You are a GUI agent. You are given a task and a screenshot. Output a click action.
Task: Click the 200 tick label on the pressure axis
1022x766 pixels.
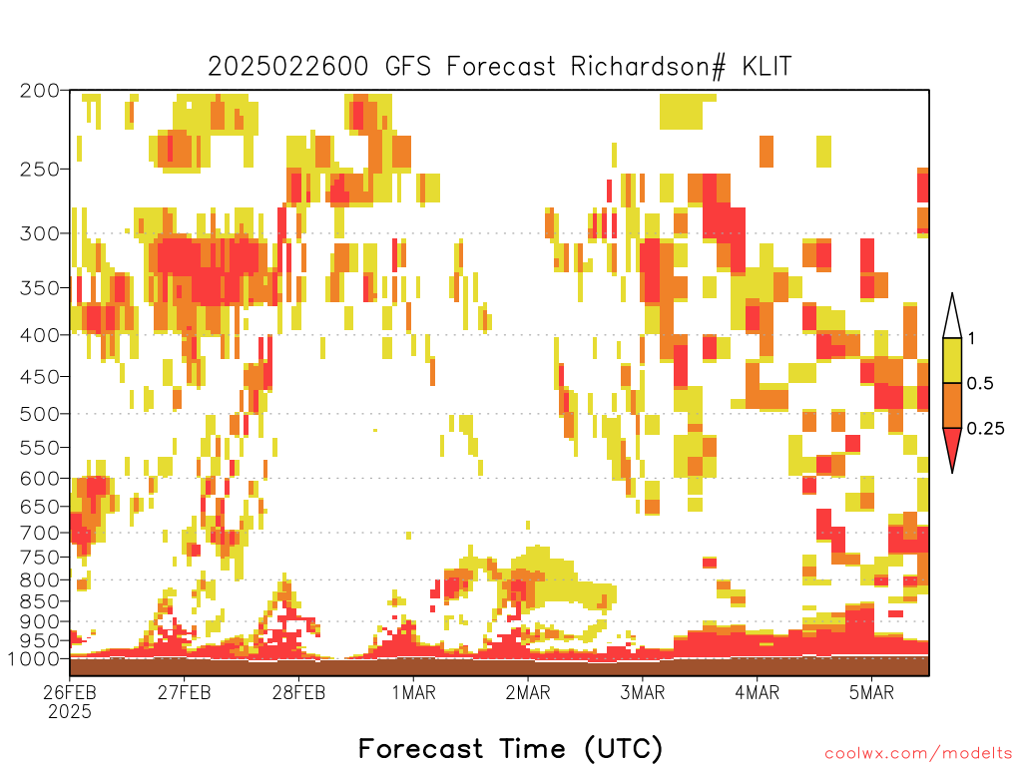(39, 91)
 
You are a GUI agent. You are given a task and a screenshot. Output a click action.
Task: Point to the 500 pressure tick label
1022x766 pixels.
(39, 414)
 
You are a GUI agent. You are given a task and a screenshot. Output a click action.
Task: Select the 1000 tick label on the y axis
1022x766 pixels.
(33, 658)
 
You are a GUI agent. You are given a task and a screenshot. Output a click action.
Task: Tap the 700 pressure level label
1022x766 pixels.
(39, 533)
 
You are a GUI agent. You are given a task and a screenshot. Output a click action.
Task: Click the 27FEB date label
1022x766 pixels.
(185, 692)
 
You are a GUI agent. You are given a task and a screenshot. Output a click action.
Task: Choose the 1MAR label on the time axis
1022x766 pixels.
(414, 692)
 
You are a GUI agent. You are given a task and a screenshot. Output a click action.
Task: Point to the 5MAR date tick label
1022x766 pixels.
(871, 692)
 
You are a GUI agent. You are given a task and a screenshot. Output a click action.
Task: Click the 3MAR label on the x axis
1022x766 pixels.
(643, 692)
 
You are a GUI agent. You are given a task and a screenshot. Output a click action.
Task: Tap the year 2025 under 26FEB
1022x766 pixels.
(70, 712)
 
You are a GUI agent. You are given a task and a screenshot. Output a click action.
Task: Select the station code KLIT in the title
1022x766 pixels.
(767, 67)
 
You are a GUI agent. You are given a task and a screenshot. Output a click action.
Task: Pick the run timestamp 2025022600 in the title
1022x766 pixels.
(288, 67)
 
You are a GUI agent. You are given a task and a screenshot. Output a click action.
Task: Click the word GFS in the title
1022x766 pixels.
(408, 67)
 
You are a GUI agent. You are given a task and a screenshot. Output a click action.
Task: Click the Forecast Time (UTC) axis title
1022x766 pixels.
(510, 748)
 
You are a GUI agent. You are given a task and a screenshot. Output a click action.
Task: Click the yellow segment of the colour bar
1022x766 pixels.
(952, 360)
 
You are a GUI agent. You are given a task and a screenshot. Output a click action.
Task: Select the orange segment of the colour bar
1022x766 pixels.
(952, 405)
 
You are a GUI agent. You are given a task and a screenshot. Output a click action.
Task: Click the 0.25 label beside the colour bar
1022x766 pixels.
(985, 428)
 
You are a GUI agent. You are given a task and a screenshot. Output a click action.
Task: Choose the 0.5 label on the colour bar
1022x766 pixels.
(980, 383)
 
